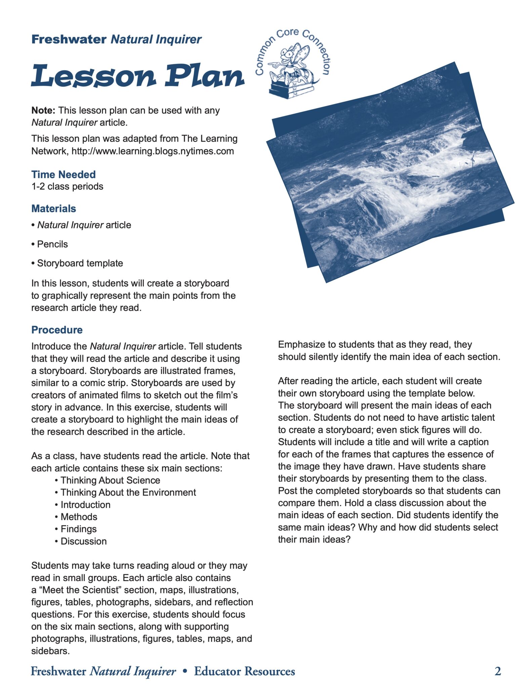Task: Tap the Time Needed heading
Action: point(64,174)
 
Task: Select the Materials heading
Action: point(54,209)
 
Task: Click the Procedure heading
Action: point(57,330)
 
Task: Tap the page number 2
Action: point(498,671)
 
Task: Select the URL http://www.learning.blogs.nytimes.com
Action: point(153,151)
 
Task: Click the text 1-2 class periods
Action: point(67,186)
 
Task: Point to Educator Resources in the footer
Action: point(244,671)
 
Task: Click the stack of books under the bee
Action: point(292,90)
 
